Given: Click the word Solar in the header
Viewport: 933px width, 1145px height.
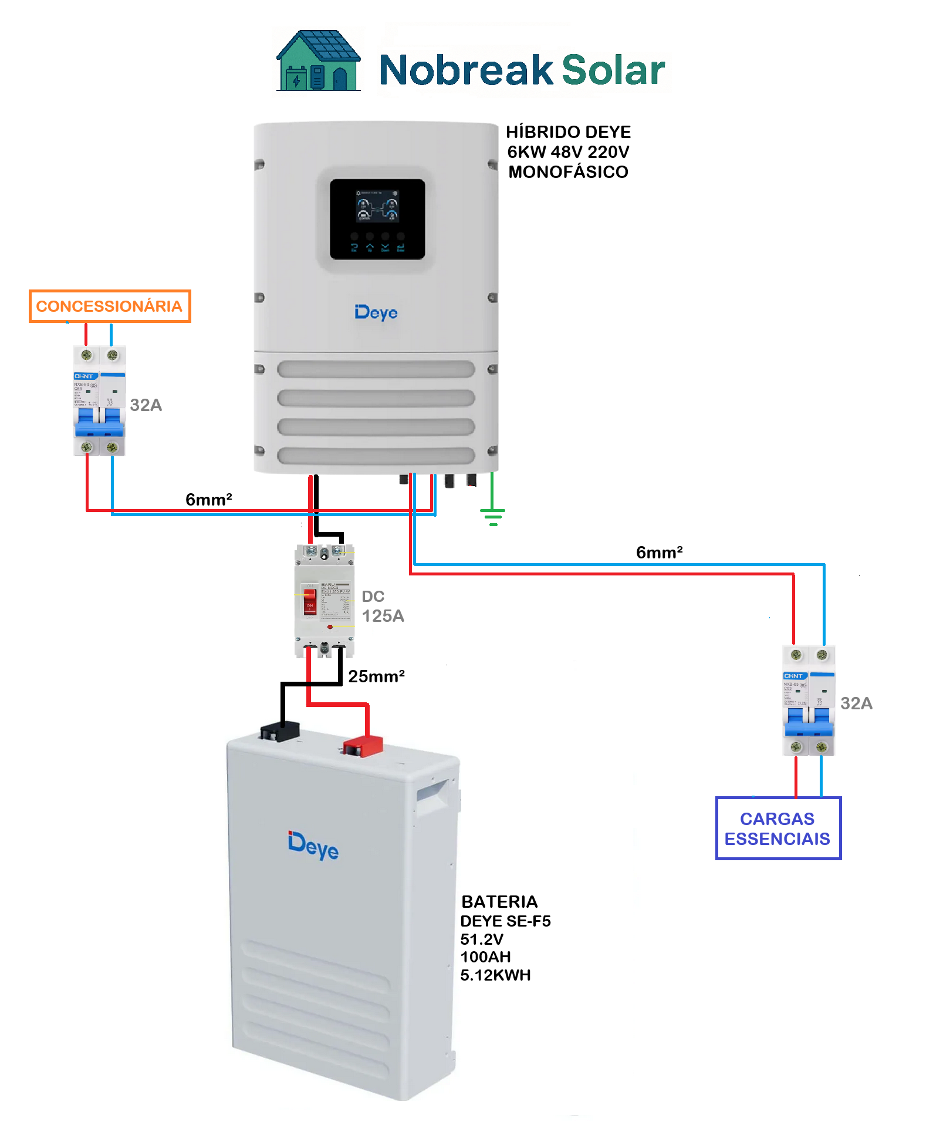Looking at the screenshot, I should coord(613,70).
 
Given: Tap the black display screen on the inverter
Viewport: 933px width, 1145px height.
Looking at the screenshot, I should coord(377,219).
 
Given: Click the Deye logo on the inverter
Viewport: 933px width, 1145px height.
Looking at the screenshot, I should coord(376,312).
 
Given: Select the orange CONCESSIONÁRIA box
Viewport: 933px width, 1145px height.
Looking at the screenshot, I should coord(110,306).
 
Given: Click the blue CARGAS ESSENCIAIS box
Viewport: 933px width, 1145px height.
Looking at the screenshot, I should coord(777,829).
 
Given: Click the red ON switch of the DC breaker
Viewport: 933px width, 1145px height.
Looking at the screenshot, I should coord(309,602).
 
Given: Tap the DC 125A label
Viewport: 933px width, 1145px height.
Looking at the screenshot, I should coord(382,607).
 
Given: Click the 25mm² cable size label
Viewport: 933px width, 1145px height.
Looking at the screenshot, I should coord(376,676).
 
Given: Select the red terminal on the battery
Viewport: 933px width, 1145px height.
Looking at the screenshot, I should coord(363,747).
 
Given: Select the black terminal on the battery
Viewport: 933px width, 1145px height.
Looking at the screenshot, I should coord(280,732).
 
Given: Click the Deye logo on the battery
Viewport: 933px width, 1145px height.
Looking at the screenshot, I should coord(313,845).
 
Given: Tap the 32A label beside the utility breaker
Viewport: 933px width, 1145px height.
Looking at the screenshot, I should coord(146,405).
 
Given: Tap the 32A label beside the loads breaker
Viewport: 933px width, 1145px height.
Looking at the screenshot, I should coord(856,703).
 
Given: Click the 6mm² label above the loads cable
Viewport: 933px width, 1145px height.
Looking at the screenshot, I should coord(659,553).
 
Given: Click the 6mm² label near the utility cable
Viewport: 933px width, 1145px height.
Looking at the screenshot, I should coord(209,500).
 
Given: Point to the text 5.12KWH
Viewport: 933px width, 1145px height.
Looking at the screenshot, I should coord(495,975).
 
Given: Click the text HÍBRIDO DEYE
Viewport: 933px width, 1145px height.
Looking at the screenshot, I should coord(568,132).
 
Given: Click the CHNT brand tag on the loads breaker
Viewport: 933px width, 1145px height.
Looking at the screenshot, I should coord(793,676).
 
